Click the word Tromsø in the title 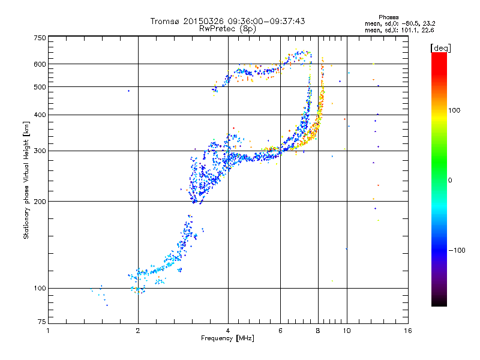click(x=166, y=21)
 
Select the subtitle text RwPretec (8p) click(x=227, y=29)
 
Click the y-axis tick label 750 click(x=40, y=38)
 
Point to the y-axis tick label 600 click(x=40, y=64)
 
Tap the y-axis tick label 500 click(x=40, y=87)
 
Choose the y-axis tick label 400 click(x=40, y=115)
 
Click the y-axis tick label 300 click(x=40, y=151)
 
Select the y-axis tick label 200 click(x=40, y=202)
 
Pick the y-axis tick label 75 click(x=42, y=322)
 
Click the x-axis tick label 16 click(x=408, y=331)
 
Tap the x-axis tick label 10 click(x=347, y=331)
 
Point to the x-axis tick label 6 click(x=280, y=331)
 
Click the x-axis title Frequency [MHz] click(x=227, y=338)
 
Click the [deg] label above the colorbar click(x=440, y=48)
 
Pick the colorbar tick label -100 click(x=457, y=250)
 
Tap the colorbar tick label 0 click(x=450, y=181)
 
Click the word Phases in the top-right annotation click(x=388, y=17)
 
